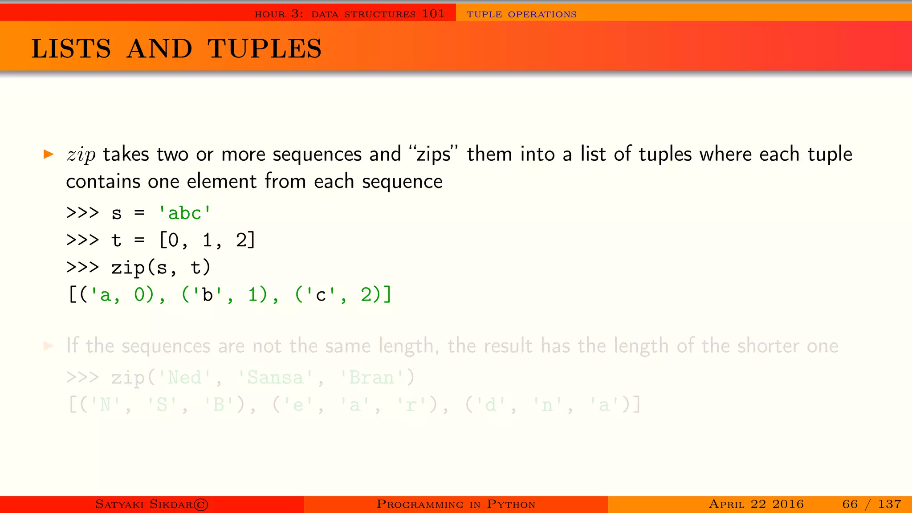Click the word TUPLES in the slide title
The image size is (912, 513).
pos(265,49)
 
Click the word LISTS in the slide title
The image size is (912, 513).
pos(71,49)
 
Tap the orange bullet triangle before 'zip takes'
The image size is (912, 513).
pos(49,155)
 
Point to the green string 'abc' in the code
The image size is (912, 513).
pos(184,213)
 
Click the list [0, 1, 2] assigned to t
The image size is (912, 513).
pos(207,240)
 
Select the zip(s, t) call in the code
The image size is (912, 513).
pos(161,268)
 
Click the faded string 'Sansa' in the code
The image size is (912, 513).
pos(275,378)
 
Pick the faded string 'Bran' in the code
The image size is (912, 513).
pos(372,378)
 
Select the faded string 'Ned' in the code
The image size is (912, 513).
pos(184,378)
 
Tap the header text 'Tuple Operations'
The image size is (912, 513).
pos(521,14)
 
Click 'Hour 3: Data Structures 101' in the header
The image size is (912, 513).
pos(350,14)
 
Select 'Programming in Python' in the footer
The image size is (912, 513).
pos(456,504)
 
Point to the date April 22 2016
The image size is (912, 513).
pos(756,504)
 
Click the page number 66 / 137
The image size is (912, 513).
pos(871,504)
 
